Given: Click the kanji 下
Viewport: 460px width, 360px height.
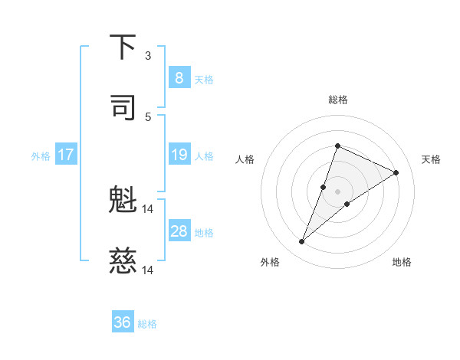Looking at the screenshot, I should tap(123, 47).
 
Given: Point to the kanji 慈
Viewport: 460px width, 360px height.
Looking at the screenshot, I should tap(123, 262).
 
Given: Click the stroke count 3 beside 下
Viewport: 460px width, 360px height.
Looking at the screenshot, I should tap(148, 56).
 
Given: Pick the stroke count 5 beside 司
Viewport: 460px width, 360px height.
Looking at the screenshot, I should tap(148, 116).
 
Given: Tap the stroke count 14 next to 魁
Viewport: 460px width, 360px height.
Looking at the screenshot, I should tap(148, 209).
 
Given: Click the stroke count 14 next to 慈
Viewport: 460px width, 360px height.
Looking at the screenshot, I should tap(148, 270).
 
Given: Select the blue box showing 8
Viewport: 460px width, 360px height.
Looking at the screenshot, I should tap(179, 78).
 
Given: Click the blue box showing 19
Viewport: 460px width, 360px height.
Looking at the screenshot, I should tap(179, 155).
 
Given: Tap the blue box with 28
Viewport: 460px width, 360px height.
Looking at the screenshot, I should tap(179, 231).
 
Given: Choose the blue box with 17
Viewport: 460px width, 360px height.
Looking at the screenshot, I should tap(66, 155).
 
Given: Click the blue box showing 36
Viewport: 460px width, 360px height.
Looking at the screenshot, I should tap(123, 323).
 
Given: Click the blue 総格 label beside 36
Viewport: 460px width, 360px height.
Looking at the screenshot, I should tap(147, 324).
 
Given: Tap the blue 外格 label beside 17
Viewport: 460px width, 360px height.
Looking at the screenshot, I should tap(41, 156).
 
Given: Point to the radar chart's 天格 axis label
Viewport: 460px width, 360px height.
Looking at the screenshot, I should tap(432, 159).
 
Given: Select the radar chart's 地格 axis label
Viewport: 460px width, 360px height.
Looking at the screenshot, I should tap(402, 262).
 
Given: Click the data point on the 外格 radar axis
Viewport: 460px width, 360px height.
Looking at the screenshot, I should tap(302, 242).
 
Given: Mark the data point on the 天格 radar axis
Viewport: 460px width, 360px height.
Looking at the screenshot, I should tap(396, 172).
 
